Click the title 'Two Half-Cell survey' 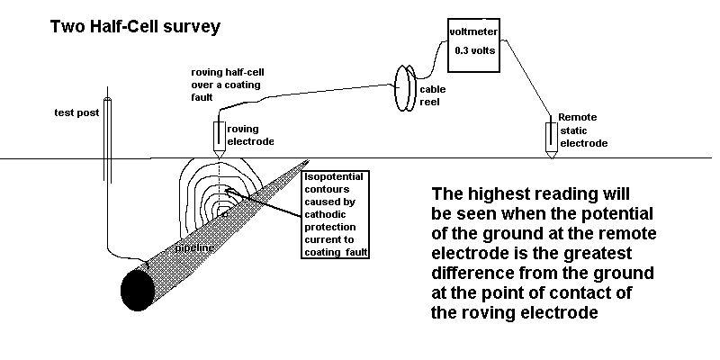tap(135, 26)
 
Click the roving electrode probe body tap(220, 137)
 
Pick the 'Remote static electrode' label tap(583, 130)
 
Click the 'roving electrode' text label tap(251, 135)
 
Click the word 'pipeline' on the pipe tap(193, 245)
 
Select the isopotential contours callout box tap(337, 212)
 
